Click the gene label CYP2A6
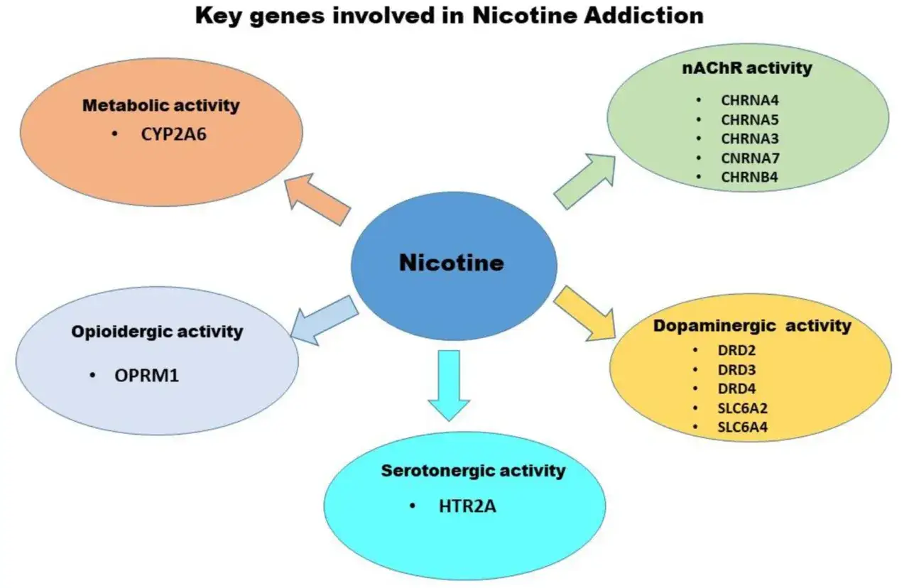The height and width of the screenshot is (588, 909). tap(174, 134)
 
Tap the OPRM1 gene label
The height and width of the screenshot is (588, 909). tap(146, 376)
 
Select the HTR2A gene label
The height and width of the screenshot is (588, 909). tap(467, 506)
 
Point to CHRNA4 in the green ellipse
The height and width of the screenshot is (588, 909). tap(749, 100)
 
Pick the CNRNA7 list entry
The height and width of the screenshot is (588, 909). tap(750, 158)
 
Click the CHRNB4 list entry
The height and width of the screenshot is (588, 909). tap(749, 178)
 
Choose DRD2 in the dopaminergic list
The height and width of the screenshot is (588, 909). tap(736, 350)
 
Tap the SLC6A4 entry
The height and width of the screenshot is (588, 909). tap(742, 427)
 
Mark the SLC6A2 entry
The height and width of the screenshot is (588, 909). tap(742, 408)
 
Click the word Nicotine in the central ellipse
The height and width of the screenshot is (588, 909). tap(452, 263)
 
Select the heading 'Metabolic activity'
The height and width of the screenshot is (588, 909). tap(161, 106)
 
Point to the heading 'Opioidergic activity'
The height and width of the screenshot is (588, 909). tap(157, 332)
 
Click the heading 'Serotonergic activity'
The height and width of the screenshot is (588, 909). tap(473, 471)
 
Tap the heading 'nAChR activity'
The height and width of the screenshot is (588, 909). tap(747, 68)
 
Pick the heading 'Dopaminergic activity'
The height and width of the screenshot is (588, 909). tap(752, 326)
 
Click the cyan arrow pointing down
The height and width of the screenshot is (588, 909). tap(450, 385)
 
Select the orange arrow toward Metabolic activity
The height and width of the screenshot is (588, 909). tap(317, 200)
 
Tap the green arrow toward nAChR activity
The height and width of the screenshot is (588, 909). tap(584, 181)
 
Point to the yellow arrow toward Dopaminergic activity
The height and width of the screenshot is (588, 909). tap(584, 313)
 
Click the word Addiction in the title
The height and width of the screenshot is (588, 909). tap(643, 16)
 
